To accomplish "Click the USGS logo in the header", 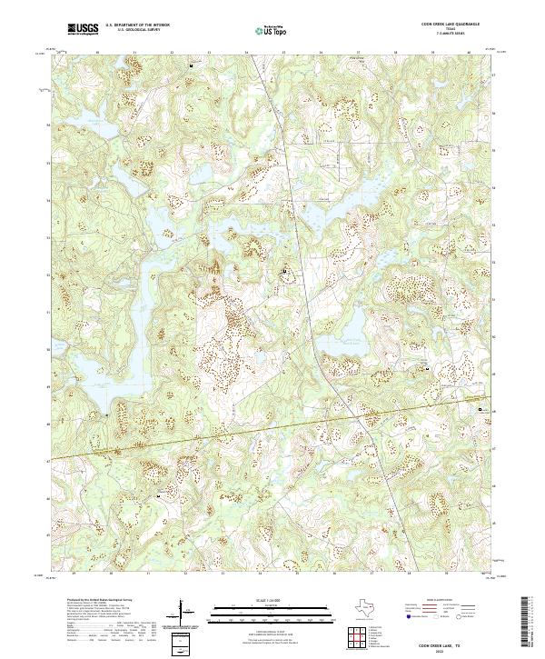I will [84, 29].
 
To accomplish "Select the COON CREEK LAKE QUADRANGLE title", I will [451, 25].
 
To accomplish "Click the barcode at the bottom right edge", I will [531, 623].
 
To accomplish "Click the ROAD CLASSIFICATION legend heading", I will [442, 601].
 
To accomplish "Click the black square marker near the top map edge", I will [191, 66].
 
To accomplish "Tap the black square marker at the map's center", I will [284, 271].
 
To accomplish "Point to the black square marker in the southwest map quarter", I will [160, 496].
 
